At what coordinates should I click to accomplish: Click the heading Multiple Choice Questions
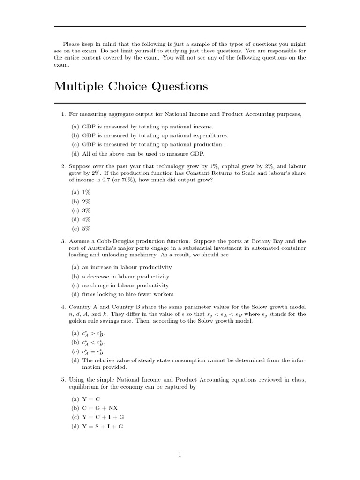[x=131, y=87]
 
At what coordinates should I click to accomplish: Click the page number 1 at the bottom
[x=180, y=454]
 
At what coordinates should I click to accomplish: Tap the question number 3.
[x=63, y=241]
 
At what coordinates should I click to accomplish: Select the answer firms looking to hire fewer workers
[x=127, y=294]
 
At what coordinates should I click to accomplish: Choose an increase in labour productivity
[x=127, y=267]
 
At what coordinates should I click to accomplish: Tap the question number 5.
[x=63, y=379]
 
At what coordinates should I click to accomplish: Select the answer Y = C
[x=91, y=399]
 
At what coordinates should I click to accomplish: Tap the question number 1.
[x=63, y=114]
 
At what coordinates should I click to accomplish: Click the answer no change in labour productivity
[x=125, y=285]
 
